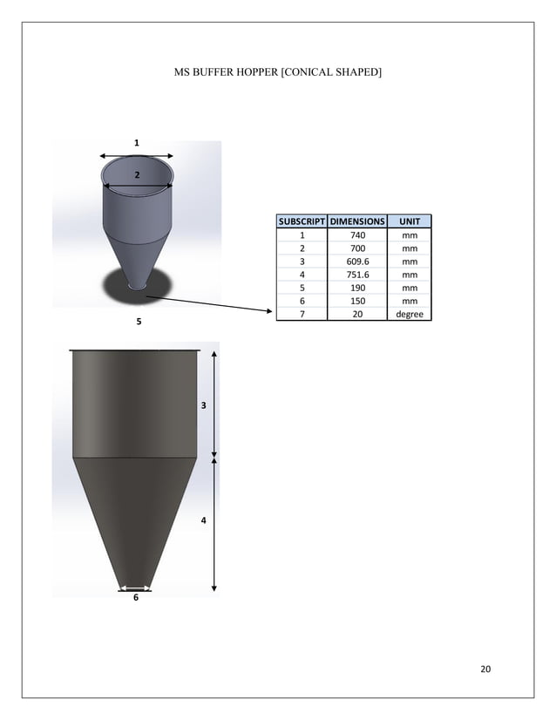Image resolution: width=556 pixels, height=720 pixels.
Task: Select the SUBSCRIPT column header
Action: (302, 221)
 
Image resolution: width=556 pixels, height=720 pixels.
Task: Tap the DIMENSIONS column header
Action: (356, 221)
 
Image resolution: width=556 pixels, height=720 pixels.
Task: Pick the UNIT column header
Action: (409, 221)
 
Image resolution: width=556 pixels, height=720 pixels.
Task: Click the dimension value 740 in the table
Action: (356, 234)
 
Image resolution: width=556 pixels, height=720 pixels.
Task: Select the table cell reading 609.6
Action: (356, 261)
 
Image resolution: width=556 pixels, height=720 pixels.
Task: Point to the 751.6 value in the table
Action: (356, 274)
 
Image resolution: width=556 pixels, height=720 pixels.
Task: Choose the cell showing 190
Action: (356, 287)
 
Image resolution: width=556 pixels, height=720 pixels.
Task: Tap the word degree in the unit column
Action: (409, 314)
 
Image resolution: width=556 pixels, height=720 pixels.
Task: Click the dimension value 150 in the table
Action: (356, 301)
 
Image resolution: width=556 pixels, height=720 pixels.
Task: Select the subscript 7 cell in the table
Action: (302, 314)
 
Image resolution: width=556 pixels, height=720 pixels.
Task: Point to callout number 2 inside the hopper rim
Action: (136, 175)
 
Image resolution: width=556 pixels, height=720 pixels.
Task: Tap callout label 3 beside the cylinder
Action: (203, 406)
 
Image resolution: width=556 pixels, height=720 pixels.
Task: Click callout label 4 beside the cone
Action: (203, 520)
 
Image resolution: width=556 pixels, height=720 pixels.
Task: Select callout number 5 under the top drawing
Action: (136, 323)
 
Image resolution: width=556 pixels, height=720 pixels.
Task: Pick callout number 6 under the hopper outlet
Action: (135, 598)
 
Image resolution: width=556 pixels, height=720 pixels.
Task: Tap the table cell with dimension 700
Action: (356, 248)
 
